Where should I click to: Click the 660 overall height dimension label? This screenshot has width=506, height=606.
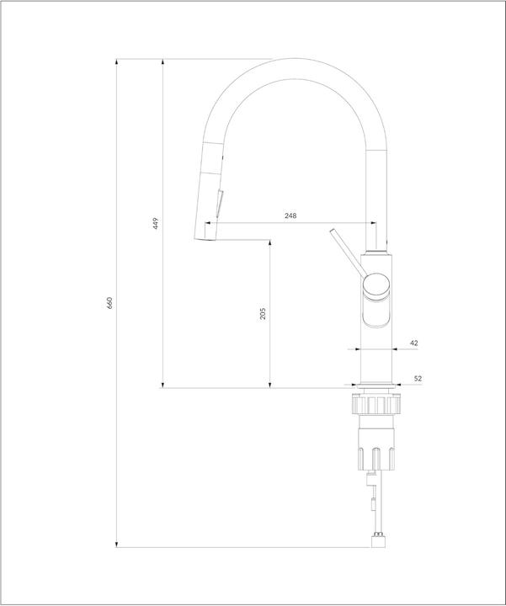point(110,303)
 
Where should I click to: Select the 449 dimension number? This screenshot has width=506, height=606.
point(156,223)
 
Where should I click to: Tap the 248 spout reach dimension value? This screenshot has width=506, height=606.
point(290,216)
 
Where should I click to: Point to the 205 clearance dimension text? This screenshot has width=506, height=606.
point(263,313)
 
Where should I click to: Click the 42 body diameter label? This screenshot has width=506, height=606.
point(413,343)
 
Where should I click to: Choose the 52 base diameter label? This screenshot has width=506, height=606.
point(416,379)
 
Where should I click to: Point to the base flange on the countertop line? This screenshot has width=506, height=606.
point(376,385)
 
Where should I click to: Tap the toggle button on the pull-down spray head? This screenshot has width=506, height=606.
point(221,204)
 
